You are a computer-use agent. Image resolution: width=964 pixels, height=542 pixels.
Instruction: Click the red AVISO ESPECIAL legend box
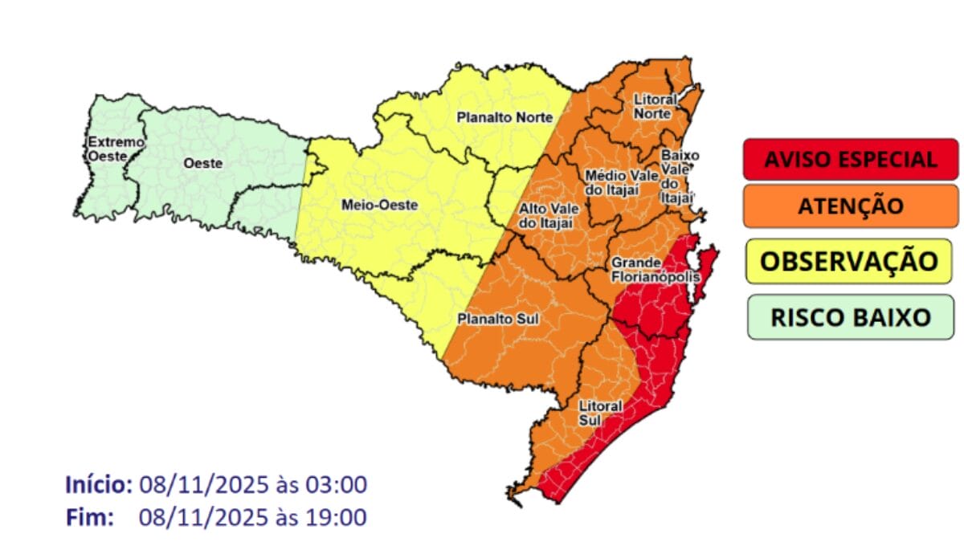[850, 159]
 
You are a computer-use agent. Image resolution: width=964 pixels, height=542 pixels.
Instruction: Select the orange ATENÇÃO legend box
[850, 206]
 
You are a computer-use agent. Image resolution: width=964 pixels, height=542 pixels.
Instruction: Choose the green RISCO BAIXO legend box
[850, 316]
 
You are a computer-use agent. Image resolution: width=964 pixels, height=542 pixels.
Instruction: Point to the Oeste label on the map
[202, 163]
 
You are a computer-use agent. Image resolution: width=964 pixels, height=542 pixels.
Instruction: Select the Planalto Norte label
[504, 117]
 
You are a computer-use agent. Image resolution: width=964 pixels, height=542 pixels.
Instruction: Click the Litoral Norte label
[654, 106]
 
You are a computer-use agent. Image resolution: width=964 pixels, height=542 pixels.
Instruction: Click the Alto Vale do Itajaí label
[545, 215]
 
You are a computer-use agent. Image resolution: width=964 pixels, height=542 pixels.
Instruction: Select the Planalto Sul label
[497, 319]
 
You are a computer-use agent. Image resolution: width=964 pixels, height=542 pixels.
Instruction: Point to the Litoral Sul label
[599, 413]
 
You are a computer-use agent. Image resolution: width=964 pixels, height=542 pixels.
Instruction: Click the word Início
[98, 485]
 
